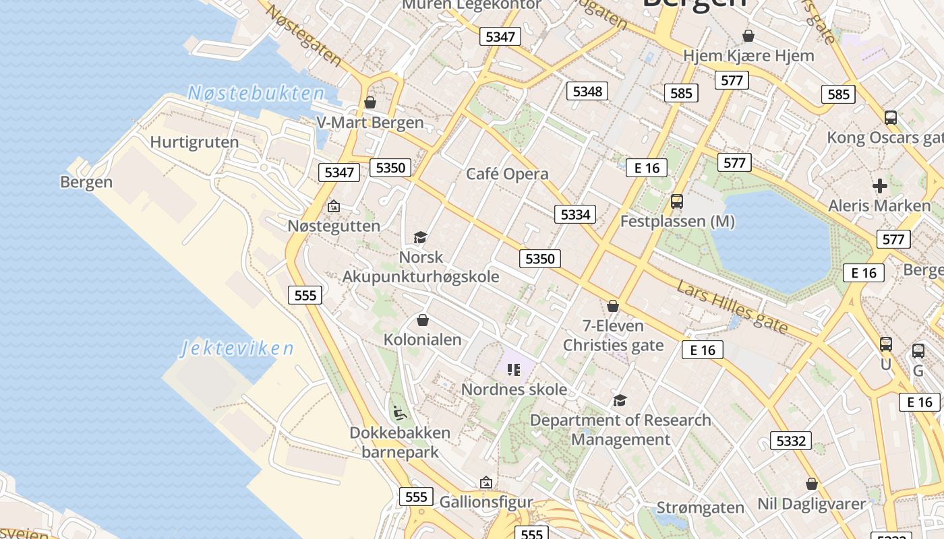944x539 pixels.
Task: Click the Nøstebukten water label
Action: click(x=256, y=93)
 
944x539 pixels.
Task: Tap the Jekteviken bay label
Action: click(x=237, y=348)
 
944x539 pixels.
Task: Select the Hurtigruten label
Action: click(x=194, y=142)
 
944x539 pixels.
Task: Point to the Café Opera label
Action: click(x=508, y=174)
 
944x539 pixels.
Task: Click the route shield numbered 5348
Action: click(x=587, y=91)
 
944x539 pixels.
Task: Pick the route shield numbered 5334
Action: click(x=575, y=214)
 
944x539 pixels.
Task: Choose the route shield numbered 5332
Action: click(x=790, y=441)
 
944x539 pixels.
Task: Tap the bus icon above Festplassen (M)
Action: click(x=677, y=201)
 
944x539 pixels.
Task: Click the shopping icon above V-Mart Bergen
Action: click(x=370, y=102)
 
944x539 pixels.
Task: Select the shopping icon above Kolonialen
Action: click(x=423, y=319)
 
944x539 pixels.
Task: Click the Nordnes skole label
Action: click(x=514, y=389)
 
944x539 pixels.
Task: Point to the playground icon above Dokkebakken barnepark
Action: click(x=399, y=412)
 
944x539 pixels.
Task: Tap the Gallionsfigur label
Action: click(x=486, y=502)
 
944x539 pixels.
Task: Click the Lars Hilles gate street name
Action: click(x=732, y=307)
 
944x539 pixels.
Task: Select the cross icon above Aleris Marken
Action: click(x=879, y=185)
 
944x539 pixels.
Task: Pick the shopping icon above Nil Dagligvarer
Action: click(x=812, y=484)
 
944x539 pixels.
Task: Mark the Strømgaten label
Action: click(x=701, y=507)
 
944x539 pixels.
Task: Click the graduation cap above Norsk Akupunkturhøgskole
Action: click(x=421, y=237)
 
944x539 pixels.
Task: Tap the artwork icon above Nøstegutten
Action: click(x=333, y=206)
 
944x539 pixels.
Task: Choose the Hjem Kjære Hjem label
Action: click(x=748, y=55)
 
